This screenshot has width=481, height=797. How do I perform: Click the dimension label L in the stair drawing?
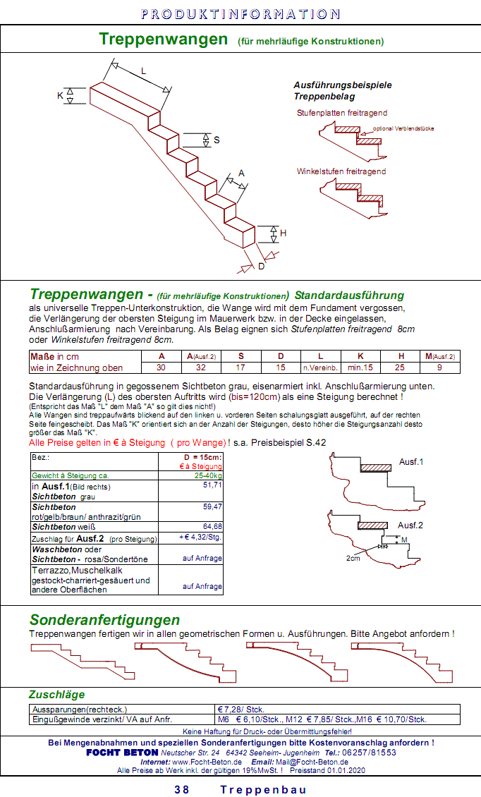tap(143, 71)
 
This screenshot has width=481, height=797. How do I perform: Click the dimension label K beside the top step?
tap(60, 95)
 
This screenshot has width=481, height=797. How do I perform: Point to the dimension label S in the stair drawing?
tap(217, 140)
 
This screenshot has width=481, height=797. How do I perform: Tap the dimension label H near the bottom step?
tap(283, 233)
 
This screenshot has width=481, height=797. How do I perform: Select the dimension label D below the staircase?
tap(261, 266)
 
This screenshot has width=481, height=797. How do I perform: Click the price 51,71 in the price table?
tap(212, 485)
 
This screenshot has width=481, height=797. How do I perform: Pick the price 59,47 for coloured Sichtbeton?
tap(212, 506)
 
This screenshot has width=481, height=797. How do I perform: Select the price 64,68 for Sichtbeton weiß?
tap(212, 526)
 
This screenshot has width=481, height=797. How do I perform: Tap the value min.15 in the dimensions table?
tap(360, 367)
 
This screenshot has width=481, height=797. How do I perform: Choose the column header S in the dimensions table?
tap(240, 356)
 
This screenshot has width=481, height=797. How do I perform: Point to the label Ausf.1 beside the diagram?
tap(410, 462)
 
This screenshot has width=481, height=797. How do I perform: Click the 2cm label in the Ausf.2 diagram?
tap(354, 557)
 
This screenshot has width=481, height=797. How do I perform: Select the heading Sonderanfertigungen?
tap(104, 620)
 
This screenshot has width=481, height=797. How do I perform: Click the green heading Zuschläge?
tap(56, 694)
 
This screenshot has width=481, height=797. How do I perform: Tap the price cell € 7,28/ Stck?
tap(240, 710)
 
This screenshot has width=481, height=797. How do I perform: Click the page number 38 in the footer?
tap(182, 789)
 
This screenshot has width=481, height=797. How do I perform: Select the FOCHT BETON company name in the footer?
tap(122, 753)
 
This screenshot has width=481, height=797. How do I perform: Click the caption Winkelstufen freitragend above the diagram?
tap(341, 171)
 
